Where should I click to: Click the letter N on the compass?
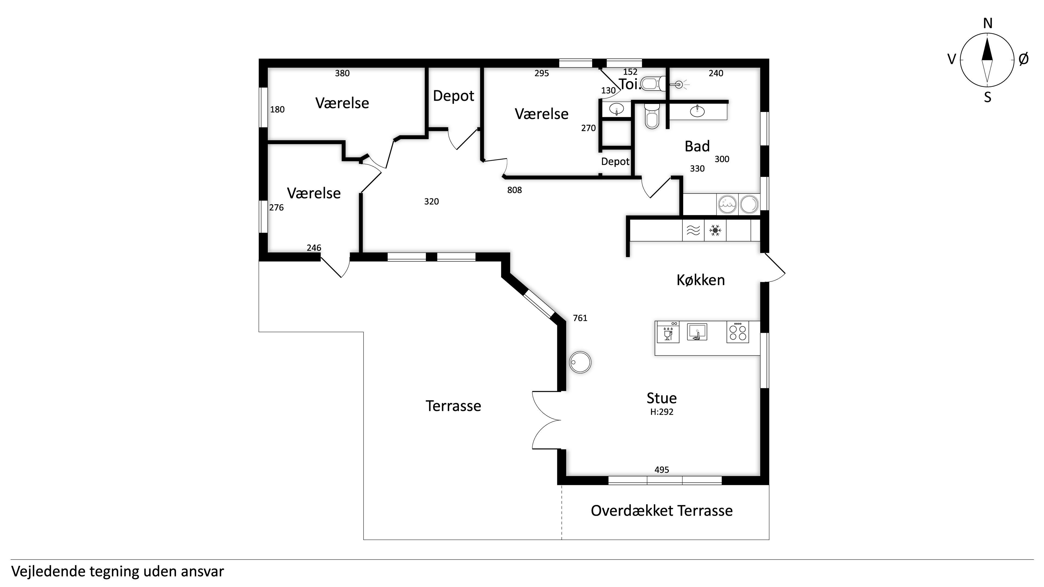[x=988, y=24]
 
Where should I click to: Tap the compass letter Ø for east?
[x=1023, y=59]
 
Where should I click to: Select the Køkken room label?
[x=701, y=280]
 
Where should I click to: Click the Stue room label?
[x=661, y=398]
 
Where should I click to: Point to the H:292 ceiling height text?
[x=662, y=412]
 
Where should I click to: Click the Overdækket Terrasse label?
[x=662, y=511]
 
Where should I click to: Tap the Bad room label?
[x=697, y=146]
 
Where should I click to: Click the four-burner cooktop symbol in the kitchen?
[x=738, y=332]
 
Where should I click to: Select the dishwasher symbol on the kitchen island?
[x=668, y=332]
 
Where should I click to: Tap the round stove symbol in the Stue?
[x=580, y=362]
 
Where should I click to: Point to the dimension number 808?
[x=515, y=190]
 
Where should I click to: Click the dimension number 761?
[x=580, y=318]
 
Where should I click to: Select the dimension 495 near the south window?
[x=662, y=470]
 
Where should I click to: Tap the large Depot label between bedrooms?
[x=453, y=96]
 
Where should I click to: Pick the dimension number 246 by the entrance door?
[x=314, y=248]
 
